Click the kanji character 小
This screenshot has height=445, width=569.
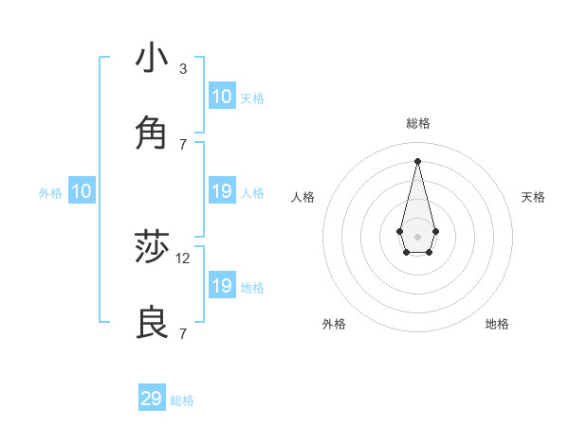coord(152,59)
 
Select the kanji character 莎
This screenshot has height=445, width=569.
coord(152,248)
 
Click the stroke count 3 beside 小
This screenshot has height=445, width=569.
coord(182,69)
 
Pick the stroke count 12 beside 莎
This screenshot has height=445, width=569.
coord(183,258)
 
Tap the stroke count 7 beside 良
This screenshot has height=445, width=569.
coord(182,333)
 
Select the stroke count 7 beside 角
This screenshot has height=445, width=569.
coord(182,144)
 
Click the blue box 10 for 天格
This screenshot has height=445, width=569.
coord(222,97)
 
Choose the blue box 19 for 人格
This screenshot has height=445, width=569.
coord(222,191)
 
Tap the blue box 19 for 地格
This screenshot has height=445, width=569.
coord(222,286)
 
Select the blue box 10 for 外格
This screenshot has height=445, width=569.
coord(82,191)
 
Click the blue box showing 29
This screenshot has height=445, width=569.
coord(152,399)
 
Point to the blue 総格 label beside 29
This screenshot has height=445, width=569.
coord(183,400)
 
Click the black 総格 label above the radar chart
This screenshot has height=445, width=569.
coord(418,123)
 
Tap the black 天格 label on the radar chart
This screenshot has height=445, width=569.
coord(533,197)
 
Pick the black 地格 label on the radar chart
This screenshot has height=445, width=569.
coord(497,324)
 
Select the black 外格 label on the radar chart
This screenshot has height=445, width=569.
coord(334,324)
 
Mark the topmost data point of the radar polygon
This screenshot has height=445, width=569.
coord(417,160)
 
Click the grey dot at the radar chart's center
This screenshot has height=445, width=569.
coord(417,236)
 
